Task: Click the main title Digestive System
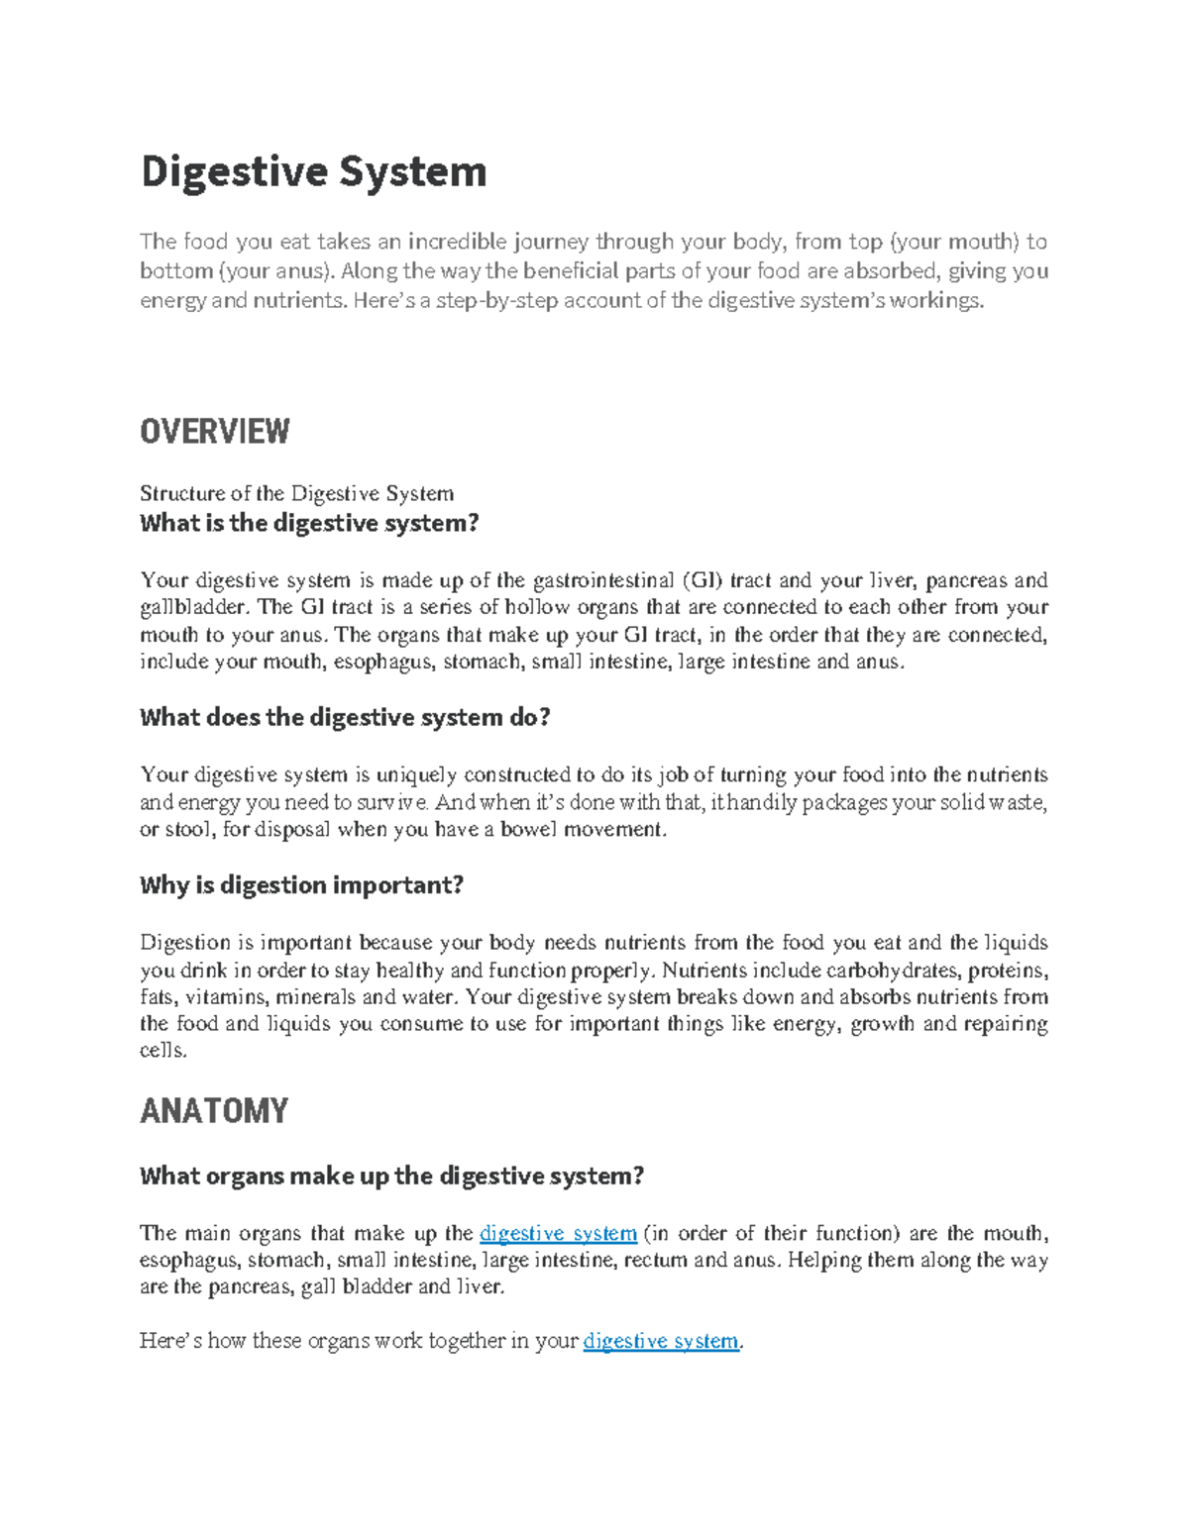(x=313, y=171)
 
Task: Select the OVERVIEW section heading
(x=214, y=432)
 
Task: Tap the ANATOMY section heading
(x=213, y=1111)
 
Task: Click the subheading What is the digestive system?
(x=309, y=523)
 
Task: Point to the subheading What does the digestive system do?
(x=344, y=717)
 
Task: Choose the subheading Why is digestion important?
(x=301, y=884)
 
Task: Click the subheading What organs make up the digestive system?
(x=391, y=1176)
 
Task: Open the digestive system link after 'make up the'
(x=558, y=1233)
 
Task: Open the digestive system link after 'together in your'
(x=661, y=1341)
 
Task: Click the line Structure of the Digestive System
(x=296, y=493)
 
